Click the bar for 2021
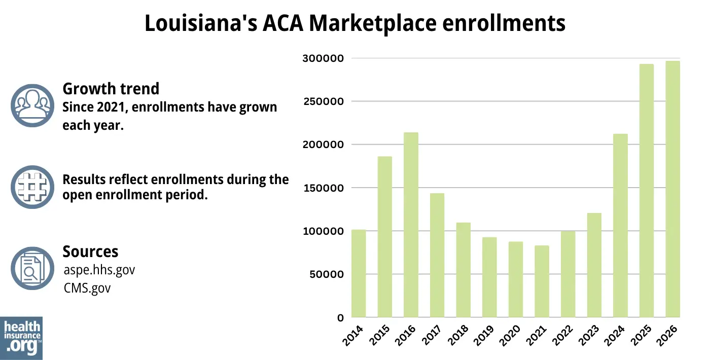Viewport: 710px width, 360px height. click(x=542, y=281)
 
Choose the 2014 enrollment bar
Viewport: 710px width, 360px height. click(x=359, y=273)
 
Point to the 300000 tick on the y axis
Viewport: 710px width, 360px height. click(x=323, y=58)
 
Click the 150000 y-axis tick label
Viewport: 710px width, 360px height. click(x=323, y=188)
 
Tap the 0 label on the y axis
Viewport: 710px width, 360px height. click(x=340, y=318)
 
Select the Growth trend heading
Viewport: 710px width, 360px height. click(x=111, y=89)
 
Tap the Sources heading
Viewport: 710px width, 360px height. click(x=90, y=251)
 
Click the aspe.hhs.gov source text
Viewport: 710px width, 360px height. click(x=99, y=270)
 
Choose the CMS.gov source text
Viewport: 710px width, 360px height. click(x=87, y=288)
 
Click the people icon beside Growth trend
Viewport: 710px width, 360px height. click(x=32, y=105)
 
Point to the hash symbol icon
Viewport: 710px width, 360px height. click(x=32, y=187)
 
